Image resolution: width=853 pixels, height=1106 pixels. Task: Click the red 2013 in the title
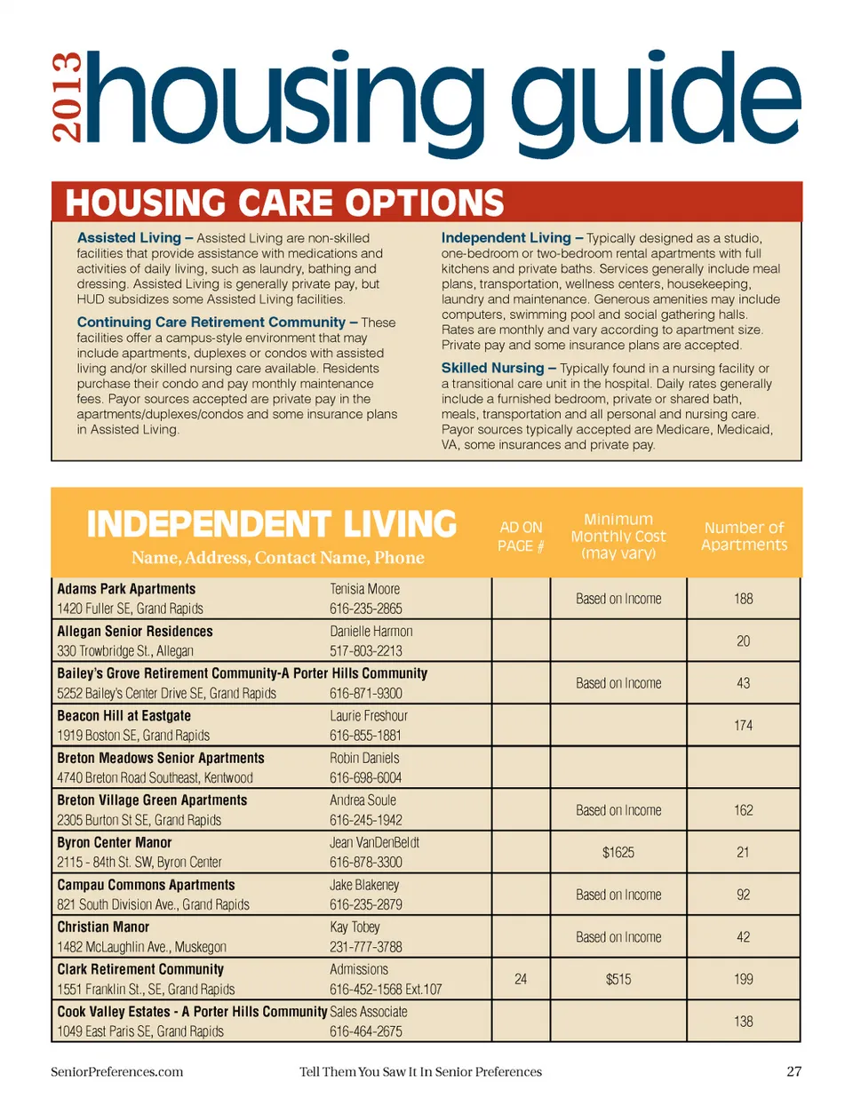pyautogui.click(x=68, y=98)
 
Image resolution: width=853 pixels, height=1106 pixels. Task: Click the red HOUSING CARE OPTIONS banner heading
pyautogui.click(x=284, y=203)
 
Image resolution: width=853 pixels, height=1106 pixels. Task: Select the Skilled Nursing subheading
pyautogui.click(x=492, y=368)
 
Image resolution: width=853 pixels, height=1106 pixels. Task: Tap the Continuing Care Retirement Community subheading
pyautogui.click(x=211, y=322)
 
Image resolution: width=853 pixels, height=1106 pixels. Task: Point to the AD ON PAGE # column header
pyautogui.click(x=521, y=537)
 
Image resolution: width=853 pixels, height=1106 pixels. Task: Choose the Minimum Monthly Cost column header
pyautogui.click(x=618, y=536)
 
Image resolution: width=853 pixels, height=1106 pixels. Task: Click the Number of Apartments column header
pyautogui.click(x=744, y=536)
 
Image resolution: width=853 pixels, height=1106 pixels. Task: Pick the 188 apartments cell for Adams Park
pyautogui.click(x=744, y=599)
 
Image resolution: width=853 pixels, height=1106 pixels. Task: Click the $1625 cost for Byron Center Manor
pyautogui.click(x=618, y=852)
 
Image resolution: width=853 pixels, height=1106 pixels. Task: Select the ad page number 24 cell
pyautogui.click(x=521, y=979)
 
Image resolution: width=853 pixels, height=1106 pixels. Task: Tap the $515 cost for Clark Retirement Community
pyautogui.click(x=618, y=979)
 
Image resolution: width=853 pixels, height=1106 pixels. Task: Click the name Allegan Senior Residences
pyautogui.click(x=135, y=632)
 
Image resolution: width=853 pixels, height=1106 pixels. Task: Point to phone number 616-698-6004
pyautogui.click(x=365, y=777)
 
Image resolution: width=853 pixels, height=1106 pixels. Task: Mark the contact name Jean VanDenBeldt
pyautogui.click(x=374, y=842)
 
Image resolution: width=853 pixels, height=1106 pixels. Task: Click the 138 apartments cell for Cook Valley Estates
pyautogui.click(x=744, y=1022)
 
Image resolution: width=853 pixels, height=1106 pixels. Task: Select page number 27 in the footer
pyautogui.click(x=793, y=1071)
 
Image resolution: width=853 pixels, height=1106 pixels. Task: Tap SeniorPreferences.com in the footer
pyautogui.click(x=116, y=1071)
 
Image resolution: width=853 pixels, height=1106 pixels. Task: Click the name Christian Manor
pyautogui.click(x=103, y=927)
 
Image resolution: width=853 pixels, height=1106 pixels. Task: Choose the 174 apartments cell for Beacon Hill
pyautogui.click(x=744, y=725)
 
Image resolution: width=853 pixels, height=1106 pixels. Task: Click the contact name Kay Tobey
pyautogui.click(x=355, y=927)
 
